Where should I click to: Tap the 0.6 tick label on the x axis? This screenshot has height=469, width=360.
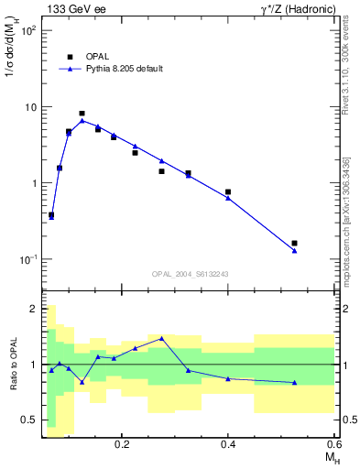pos(333,443)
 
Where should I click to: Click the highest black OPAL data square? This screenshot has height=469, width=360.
pos(82,114)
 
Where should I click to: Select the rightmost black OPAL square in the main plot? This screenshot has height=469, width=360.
pos(294,244)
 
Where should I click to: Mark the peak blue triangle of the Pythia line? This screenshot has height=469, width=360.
pos(82,121)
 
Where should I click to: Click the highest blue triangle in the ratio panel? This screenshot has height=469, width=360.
pos(161,338)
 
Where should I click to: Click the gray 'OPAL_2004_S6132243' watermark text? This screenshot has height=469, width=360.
pos(190,274)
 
